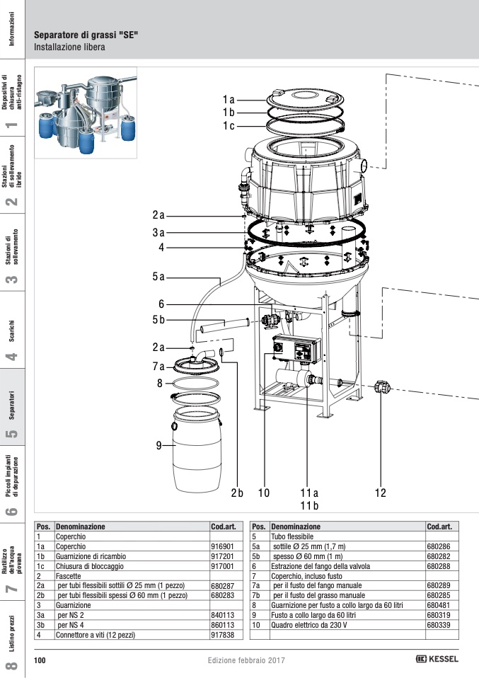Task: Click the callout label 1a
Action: (x=229, y=100)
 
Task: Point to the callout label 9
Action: (x=160, y=445)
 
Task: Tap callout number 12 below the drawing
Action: (x=381, y=493)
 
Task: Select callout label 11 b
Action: (x=309, y=505)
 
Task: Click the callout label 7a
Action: (x=158, y=366)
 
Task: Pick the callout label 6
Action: (x=161, y=304)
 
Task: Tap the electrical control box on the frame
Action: (x=296, y=350)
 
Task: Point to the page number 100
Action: (x=40, y=660)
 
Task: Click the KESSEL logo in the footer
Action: (x=437, y=659)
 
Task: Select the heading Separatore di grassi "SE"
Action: (x=86, y=35)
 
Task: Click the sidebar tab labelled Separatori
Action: (x=12, y=406)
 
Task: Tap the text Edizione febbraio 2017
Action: (x=246, y=660)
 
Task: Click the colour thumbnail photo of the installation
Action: (x=86, y=111)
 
